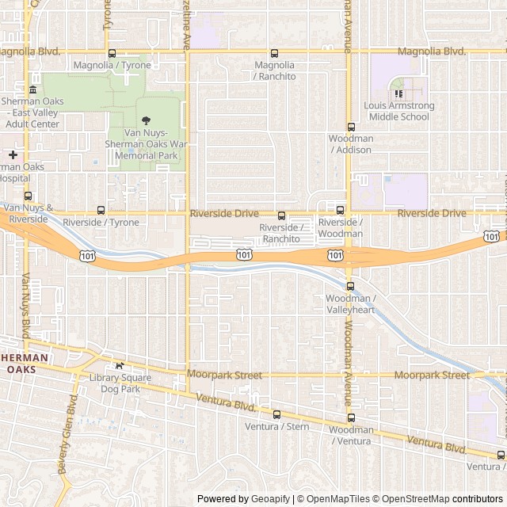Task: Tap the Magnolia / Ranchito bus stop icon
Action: click(274, 53)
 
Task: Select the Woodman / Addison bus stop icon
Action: click(351, 127)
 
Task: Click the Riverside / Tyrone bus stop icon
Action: click(101, 210)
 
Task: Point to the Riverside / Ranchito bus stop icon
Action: click(280, 215)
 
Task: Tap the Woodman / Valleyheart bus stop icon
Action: click(350, 286)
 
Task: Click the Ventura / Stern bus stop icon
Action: click(276, 414)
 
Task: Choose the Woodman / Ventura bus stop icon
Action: click(350, 417)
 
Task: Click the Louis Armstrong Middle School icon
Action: click(398, 94)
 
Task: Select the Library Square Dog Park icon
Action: click(120, 366)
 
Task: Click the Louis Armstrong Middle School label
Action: click(396, 111)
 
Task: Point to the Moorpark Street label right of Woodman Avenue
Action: click(432, 375)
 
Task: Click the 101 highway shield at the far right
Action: click(492, 236)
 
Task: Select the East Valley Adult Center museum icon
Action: click(32, 90)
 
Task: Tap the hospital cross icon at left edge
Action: click(13, 154)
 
